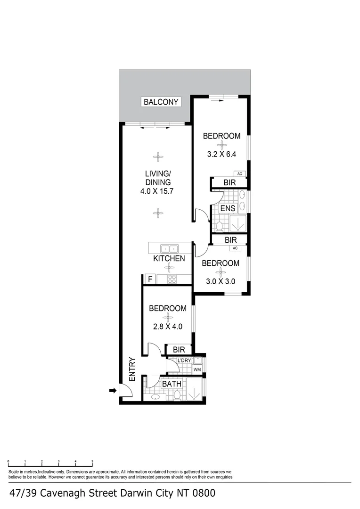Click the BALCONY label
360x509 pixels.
[161, 102]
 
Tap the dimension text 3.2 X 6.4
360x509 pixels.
[221, 154]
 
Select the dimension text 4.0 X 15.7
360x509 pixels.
[157, 191]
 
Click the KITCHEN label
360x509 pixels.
[169, 259]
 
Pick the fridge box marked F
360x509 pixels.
[150, 279]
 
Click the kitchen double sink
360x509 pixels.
[169, 248]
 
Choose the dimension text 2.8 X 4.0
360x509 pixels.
[167, 326]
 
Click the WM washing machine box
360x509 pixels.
[197, 369]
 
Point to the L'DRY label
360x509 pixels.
[183, 361]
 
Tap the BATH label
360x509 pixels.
[172, 384]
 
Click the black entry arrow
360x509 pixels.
[113, 390]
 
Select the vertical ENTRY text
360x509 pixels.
[132, 369]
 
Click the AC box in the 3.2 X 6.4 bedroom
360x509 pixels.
[239, 174]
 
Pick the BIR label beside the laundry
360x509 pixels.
[179, 350]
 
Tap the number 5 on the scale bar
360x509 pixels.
[92, 462]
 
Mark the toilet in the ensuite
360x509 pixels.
[220, 225]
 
